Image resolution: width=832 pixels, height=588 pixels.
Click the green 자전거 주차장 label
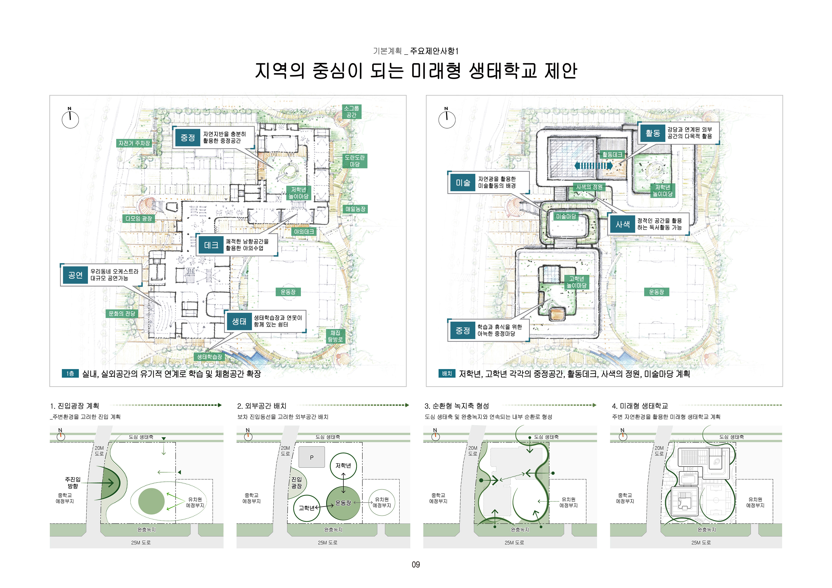pos(134,143)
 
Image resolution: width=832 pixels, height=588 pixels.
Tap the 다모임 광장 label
pos(139,219)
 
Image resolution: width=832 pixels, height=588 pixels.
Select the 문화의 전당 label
pos(122,313)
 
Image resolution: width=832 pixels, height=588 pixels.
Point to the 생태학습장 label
pos(210,357)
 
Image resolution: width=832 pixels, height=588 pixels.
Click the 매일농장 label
pos(355,209)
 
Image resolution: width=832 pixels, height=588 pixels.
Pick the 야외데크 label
pos(304,232)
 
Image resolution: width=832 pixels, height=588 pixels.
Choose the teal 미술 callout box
pos(463,183)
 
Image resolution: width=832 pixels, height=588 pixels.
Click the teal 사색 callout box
pos(622,224)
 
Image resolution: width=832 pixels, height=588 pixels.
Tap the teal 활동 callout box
pos(653,133)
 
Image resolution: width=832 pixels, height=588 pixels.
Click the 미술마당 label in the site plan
pos(566,216)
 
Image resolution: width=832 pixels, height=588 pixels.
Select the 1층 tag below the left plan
pos(70,374)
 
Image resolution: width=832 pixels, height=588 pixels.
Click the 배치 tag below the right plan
pos(447,374)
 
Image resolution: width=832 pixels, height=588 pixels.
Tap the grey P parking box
pos(312,457)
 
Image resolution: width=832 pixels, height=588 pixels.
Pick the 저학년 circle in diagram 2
pos(343,466)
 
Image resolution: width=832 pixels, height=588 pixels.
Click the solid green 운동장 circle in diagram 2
pos(343,503)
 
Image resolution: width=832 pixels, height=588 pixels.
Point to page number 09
pos(416,564)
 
